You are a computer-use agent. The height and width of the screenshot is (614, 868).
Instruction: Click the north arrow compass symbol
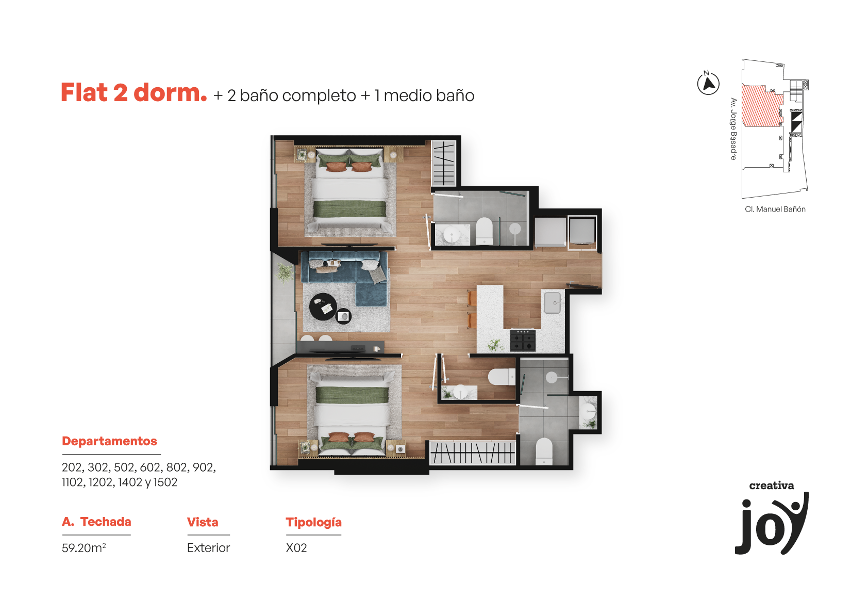coord(708,83)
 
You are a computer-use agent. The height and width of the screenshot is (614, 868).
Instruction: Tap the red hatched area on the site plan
coord(760,106)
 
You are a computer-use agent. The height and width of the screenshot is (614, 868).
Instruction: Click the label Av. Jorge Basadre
coord(733,129)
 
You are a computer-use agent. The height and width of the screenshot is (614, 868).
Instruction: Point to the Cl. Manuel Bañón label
coord(775,209)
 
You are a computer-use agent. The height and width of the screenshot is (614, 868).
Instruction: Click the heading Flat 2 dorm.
coord(133,93)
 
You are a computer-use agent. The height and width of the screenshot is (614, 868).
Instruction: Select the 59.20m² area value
coord(84,547)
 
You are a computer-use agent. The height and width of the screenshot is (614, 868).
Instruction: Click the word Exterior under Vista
coord(208,547)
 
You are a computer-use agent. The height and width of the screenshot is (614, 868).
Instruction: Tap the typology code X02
coord(296,547)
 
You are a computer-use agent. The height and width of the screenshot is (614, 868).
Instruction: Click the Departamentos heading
coord(109,441)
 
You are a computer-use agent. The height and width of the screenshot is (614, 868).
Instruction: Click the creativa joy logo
coord(772,518)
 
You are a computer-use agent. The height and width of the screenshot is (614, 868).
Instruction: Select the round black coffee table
coord(323,307)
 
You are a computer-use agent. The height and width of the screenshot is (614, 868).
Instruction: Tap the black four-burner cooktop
coord(523,340)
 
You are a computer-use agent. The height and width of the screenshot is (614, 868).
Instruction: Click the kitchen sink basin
coord(552,303)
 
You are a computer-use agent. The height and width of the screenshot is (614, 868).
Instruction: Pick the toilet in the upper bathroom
coord(484,231)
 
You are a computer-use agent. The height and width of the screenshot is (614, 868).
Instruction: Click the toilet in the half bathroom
coord(502,377)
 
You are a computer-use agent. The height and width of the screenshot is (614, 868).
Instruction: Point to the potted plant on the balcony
coord(285,272)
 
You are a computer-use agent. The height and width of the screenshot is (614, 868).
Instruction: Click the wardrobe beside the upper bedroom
coord(444,164)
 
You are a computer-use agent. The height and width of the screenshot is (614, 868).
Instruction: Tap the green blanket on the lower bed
coord(352,395)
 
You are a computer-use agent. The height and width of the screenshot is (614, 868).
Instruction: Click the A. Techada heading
coord(96,522)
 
